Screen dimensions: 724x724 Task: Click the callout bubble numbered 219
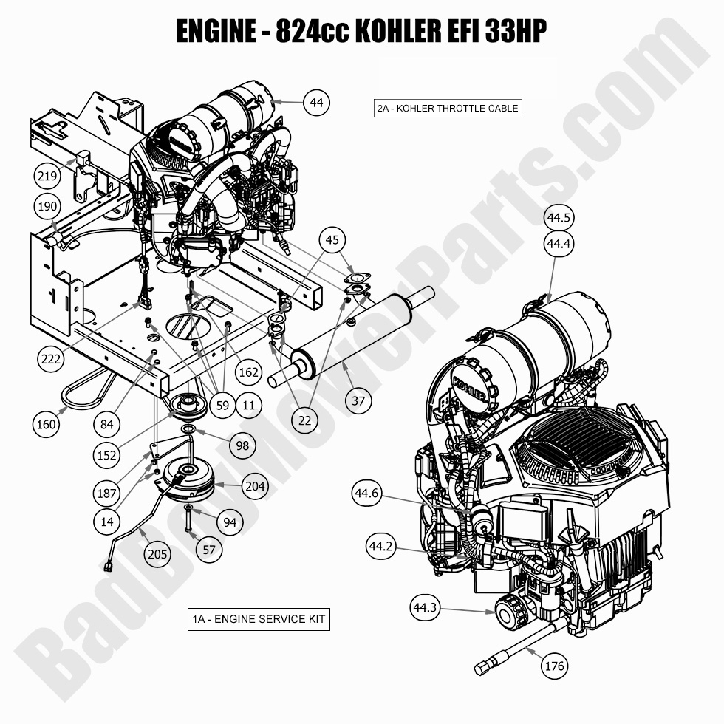pyautogui.click(x=47, y=176)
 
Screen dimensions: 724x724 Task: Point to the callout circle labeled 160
pyautogui.click(x=47, y=424)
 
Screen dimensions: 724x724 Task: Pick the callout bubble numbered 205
pyautogui.click(x=157, y=553)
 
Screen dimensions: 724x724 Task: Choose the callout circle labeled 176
pyautogui.click(x=554, y=666)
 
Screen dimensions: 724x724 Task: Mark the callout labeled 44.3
pyautogui.click(x=425, y=608)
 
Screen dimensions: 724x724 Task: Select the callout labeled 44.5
pyautogui.click(x=559, y=218)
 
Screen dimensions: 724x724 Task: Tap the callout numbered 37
pyautogui.click(x=358, y=401)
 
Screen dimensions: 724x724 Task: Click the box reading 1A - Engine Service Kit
pyautogui.click(x=258, y=619)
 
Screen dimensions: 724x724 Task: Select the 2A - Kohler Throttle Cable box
pyautogui.click(x=448, y=108)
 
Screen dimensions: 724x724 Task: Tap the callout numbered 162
pyautogui.click(x=248, y=372)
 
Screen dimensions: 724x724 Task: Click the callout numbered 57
pyautogui.click(x=209, y=549)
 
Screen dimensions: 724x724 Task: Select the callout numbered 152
pyautogui.click(x=107, y=455)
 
